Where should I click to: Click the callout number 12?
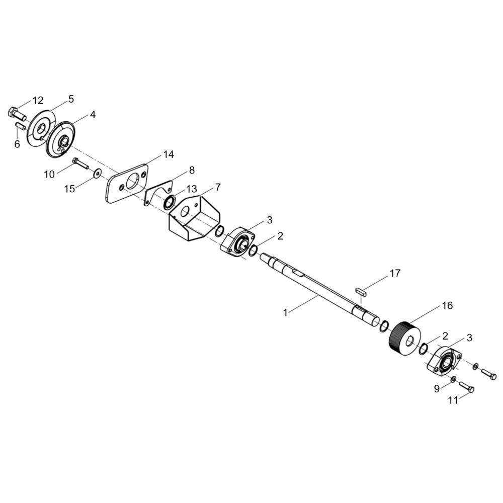(38, 101)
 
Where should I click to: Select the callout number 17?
(395, 273)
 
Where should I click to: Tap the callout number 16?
(447, 305)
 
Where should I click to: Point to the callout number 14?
(169, 154)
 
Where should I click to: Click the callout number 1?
(285, 313)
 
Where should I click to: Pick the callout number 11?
(453, 401)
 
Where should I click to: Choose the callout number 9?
(437, 389)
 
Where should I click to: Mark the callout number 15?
(69, 189)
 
